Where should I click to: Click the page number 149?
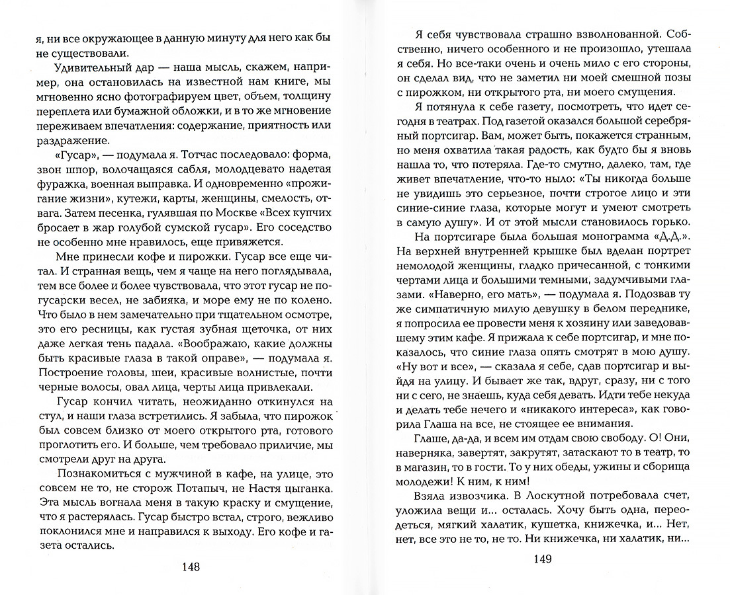pyautogui.click(x=547, y=560)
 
